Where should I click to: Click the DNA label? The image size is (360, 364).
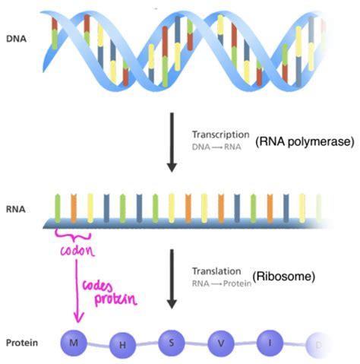pyautogui.click(x=17, y=39)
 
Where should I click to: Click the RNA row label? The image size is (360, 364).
pyautogui.click(x=16, y=209)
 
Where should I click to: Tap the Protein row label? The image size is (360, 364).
pyautogui.click(x=22, y=343)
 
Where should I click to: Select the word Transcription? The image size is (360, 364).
pyautogui.click(x=221, y=135)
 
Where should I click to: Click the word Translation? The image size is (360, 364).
pyautogui.click(x=216, y=271)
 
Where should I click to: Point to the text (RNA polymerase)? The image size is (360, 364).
pyautogui.click(x=305, y=141)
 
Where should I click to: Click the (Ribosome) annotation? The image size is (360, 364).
pyautogui.click(x=284, y=276)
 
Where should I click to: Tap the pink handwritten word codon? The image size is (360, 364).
pyautogui.click(x=77, y=250)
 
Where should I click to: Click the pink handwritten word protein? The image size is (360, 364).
pyautogui.click(x=115, y=299)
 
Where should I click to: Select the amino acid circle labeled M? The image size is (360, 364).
pyautogui.click(x=74, y=343)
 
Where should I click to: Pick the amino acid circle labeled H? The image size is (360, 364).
pyautogui.click(x=122, y=345)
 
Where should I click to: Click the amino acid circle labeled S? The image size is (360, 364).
pyautogui.click(x=172, y=343)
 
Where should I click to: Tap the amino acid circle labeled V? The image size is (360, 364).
pyautogui.click(x=221, y=343)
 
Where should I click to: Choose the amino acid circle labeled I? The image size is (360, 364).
pyautogui.click(x=270, y=343)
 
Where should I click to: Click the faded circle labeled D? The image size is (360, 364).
pyautogui.click(x=318, y=345)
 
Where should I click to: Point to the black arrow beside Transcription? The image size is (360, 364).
pyautogui.click(x=172, y=142)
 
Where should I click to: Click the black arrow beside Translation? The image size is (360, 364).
pyautogui.click(x=172, y=279)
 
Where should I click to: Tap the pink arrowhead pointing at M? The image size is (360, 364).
pyautogui.click(x=78, y=318)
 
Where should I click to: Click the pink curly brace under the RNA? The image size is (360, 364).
pyautogui.click(x=73, y=235)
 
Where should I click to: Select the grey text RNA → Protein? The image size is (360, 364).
pyautogui.click(x=222, y=283)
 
